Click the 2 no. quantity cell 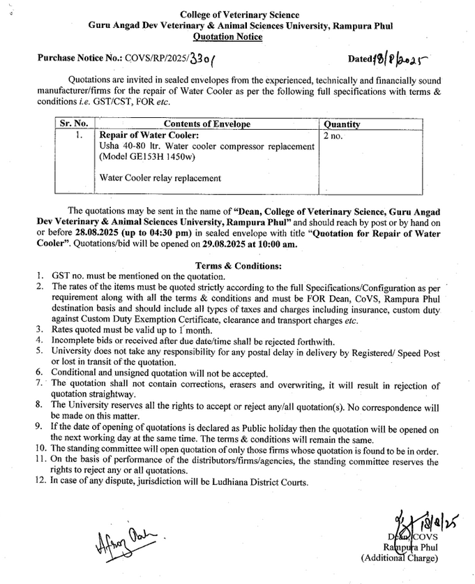click(333, 135)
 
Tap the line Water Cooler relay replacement click(160, 178)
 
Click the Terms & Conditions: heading click(238, 265)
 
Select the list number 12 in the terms click(40, 481)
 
